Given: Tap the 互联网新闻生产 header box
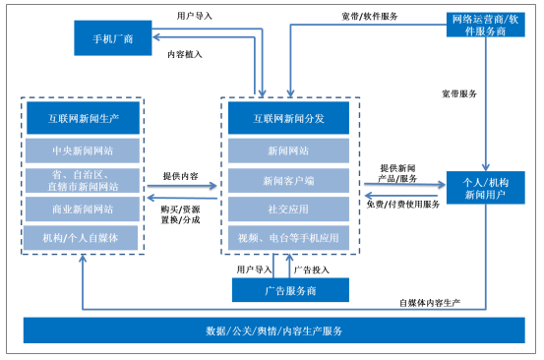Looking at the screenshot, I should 84,119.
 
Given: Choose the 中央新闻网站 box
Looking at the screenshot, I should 84,151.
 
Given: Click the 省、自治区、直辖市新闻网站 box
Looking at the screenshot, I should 84,180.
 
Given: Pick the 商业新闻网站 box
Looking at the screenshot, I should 84,210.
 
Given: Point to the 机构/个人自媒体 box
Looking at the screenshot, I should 84,238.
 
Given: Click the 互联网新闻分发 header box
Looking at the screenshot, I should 288,119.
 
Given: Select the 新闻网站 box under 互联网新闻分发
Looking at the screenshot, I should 288,151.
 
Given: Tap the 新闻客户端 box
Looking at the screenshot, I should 288,180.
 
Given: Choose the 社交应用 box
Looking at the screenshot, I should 288,210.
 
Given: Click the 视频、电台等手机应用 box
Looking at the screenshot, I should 288,238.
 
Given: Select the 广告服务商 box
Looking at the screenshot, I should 290,290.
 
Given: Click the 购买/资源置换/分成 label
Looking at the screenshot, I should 180,213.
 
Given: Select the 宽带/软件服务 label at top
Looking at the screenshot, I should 370,16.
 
